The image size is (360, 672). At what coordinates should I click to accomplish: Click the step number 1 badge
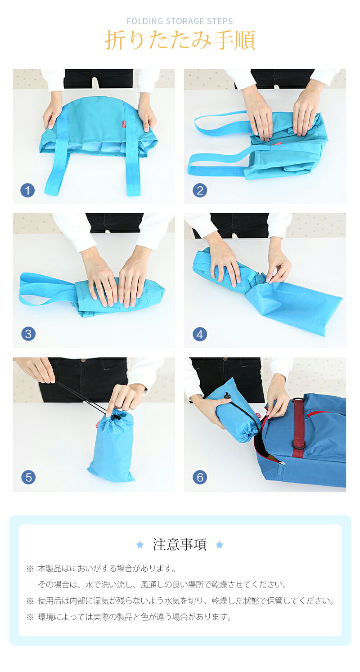27,191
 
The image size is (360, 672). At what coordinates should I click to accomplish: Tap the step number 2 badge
200,191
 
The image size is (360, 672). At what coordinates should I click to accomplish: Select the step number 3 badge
28,334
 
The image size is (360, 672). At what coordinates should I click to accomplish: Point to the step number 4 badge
200,334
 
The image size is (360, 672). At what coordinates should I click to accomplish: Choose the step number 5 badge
28,477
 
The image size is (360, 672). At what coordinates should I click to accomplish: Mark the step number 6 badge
200,477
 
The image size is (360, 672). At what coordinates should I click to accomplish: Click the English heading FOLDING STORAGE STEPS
180,21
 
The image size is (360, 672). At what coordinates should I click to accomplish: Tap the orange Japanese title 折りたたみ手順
180,40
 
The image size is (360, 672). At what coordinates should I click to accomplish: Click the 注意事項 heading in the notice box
180,545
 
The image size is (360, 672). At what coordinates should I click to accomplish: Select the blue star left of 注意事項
140,545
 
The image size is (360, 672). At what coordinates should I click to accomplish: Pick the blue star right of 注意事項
220,545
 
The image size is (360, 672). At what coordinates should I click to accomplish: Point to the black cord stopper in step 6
226,397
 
